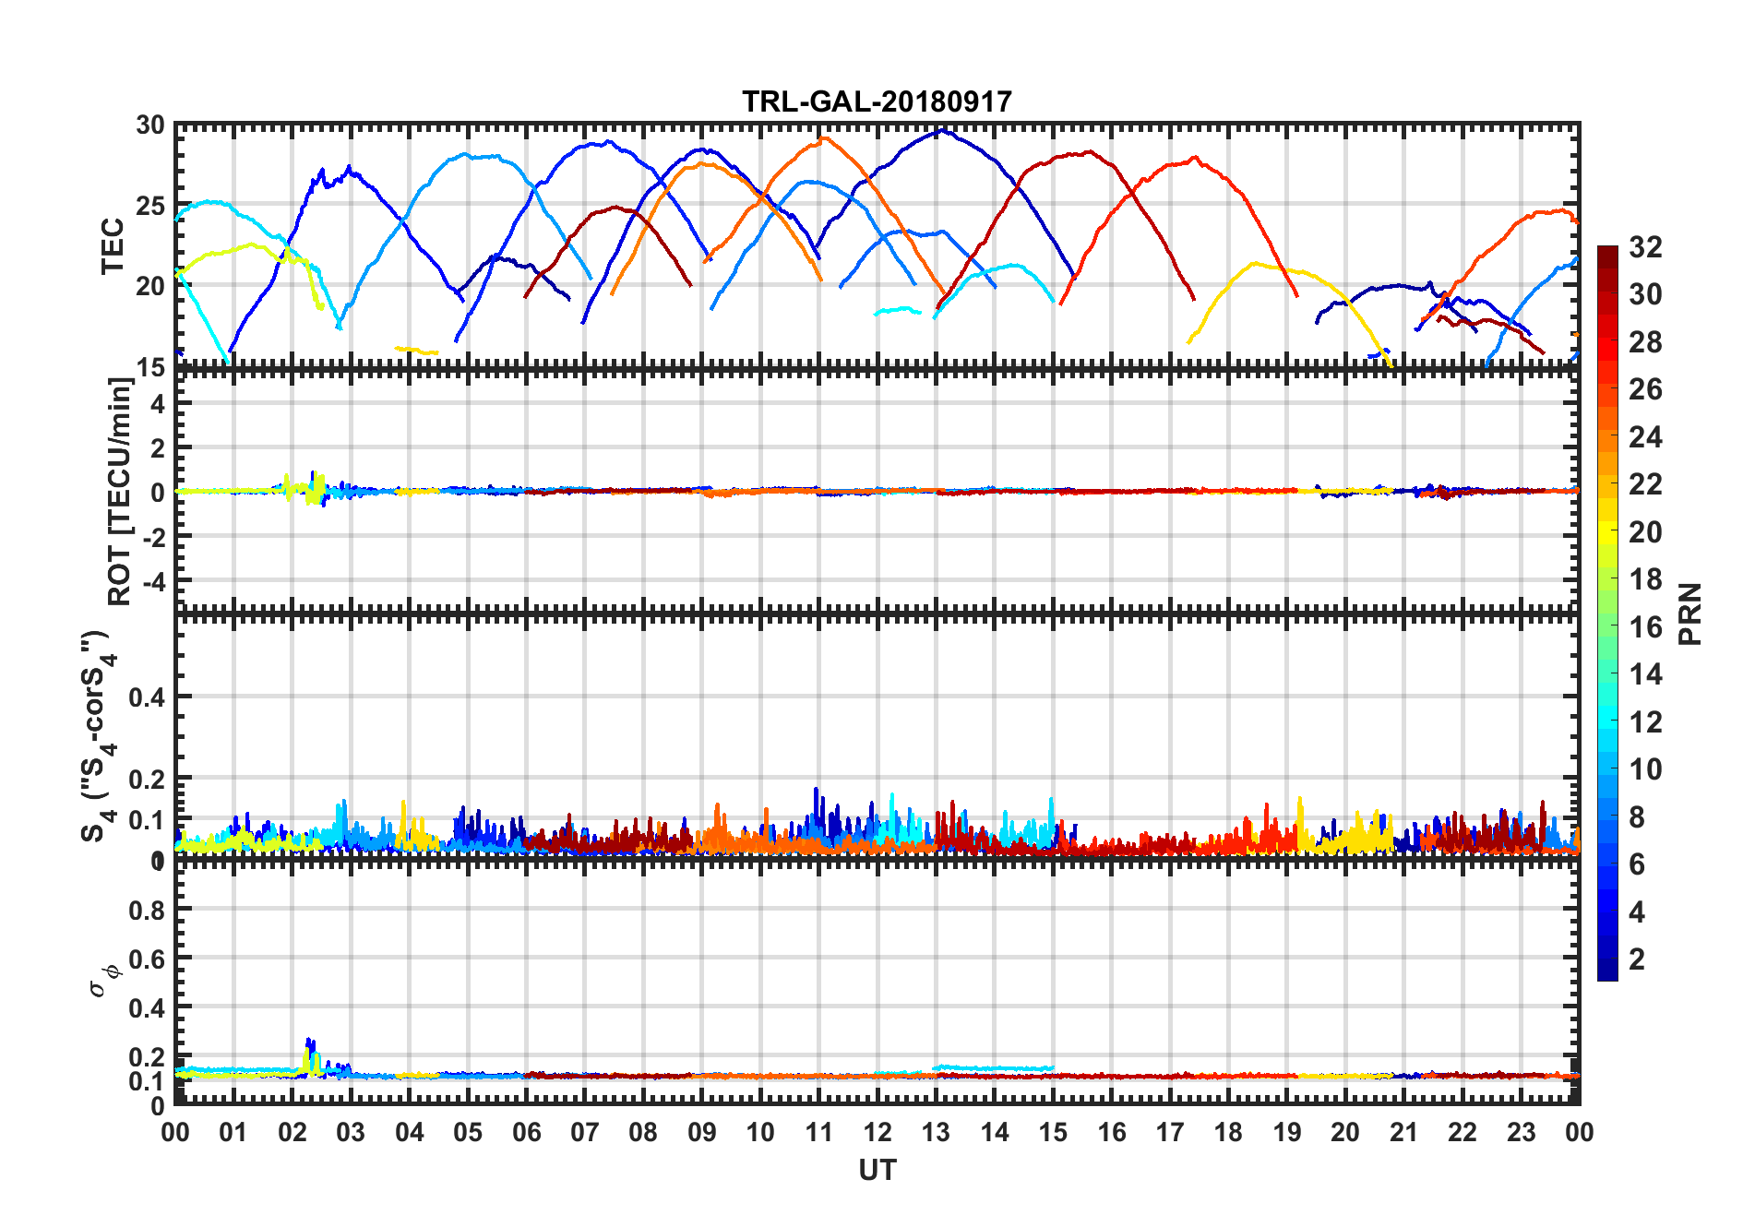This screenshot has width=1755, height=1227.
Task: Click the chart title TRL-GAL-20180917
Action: click(877, 101)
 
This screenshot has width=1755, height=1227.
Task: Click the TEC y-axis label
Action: click(113, 245)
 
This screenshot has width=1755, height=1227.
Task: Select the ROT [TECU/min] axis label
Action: click(120, 491)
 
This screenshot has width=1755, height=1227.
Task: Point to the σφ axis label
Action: click(104, 980)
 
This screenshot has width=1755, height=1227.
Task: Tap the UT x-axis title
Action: click(877, 1170)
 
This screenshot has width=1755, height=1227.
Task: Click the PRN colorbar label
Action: click(1689, 613)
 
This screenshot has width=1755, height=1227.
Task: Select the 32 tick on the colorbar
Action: click(1645, 246)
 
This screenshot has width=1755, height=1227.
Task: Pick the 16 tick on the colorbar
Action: click(1645, 627)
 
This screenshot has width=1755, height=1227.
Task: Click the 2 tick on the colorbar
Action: click(1637, 959)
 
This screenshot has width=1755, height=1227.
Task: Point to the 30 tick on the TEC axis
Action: click(150, 125)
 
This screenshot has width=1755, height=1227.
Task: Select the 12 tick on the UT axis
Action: click(877, 1132)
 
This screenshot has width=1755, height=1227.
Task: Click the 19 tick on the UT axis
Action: click(1287, 1132)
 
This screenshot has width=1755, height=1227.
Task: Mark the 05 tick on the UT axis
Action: click(468, 1132)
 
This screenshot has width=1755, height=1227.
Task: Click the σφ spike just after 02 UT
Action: click(309, 1041)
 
